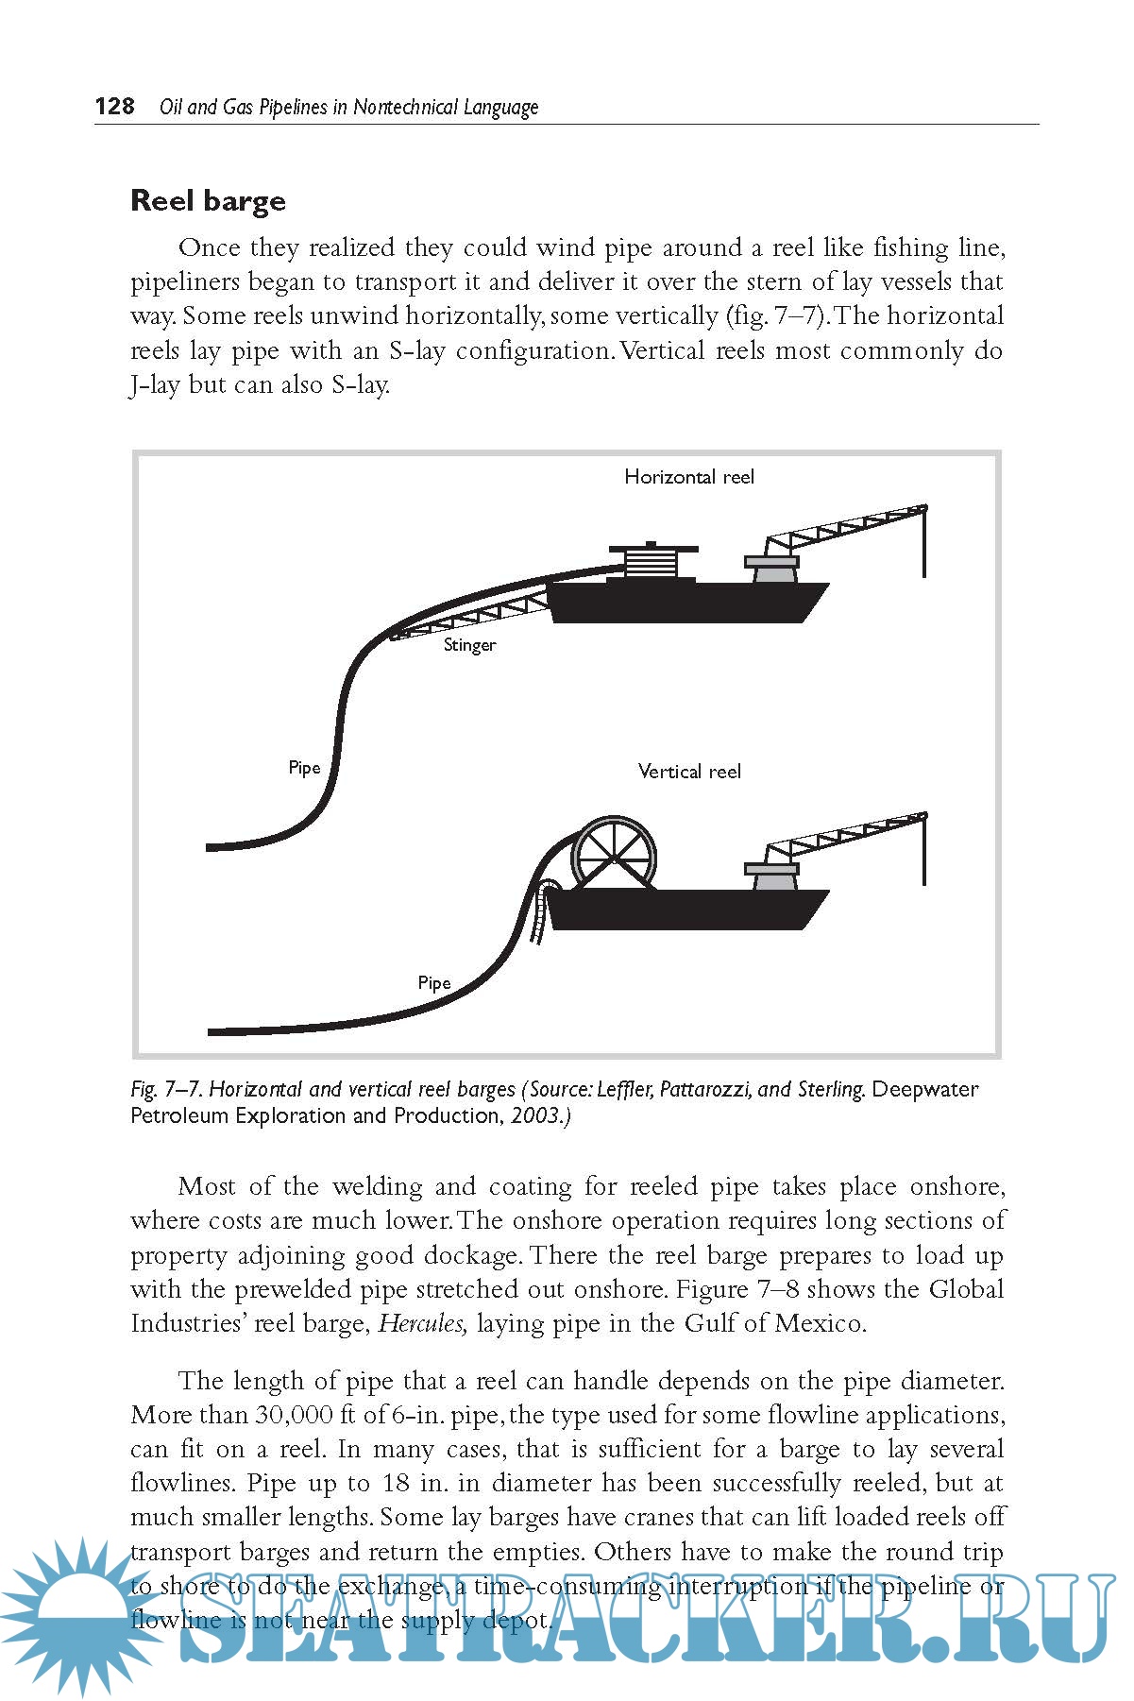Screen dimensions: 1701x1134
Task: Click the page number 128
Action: click(114, 106)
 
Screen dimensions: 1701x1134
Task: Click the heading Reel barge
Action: click(208, 200)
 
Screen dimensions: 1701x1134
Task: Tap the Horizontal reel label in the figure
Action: click(689, 477)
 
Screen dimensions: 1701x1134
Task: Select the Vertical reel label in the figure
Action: click(689, 772)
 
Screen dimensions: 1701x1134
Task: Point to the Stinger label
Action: click(469, 645)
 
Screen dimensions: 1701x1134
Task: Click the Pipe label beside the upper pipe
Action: click(304, 768)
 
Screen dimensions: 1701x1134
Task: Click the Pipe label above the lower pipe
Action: click(434, 983)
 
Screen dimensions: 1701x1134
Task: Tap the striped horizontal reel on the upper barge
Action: click(652, 563)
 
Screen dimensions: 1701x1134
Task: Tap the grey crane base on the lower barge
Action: click(772, 877)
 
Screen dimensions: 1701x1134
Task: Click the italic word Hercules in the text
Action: click(422, 1323)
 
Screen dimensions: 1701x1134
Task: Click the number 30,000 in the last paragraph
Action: click(293, 1415)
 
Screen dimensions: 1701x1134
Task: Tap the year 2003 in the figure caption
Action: click(536, 1115)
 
